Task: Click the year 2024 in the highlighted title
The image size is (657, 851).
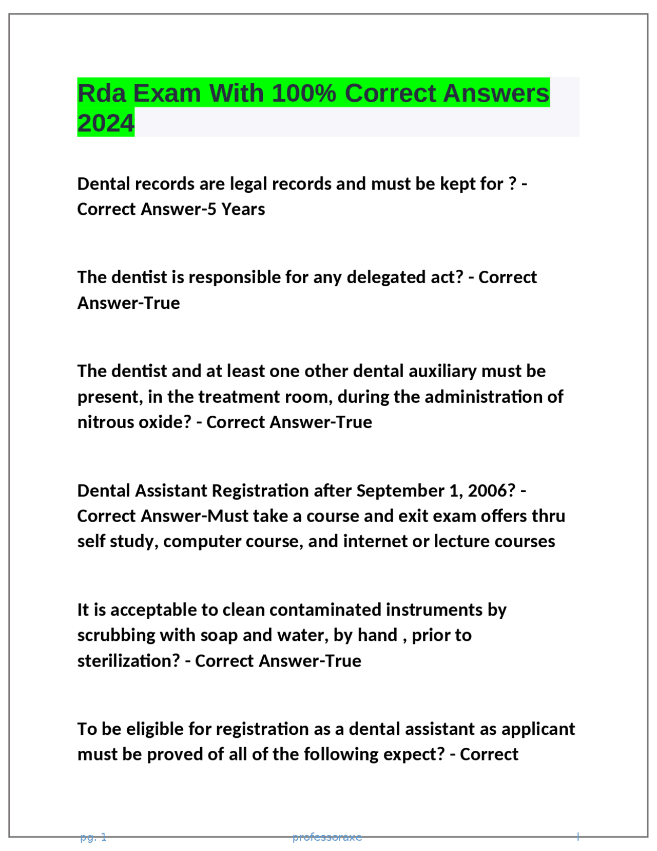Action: pos(106,123)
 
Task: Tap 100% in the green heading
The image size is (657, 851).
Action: pos(304,94)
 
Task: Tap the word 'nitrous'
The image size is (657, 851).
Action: pos(106,422)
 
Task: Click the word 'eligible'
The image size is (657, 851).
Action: pos(155,729)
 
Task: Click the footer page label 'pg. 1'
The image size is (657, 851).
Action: pos(93,837)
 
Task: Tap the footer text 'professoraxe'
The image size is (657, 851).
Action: pos(327,837)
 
